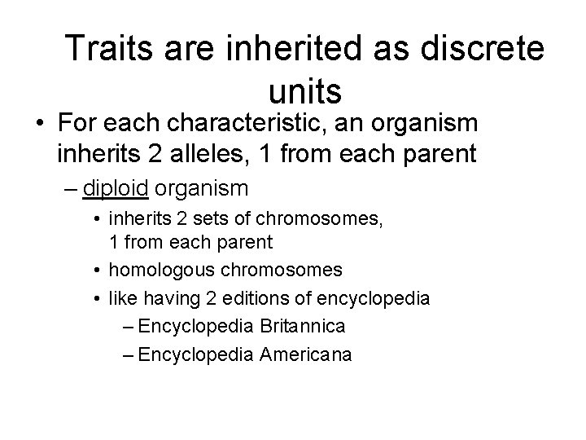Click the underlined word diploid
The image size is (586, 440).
coord(116,189)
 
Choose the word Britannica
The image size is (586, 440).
coord(304,326)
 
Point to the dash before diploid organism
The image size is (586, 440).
coord(71,189)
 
